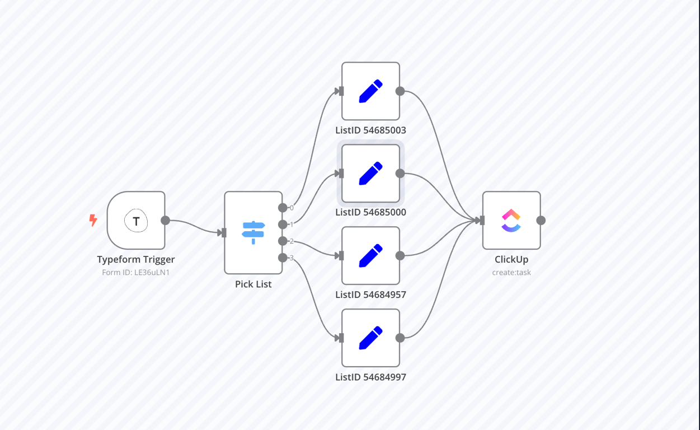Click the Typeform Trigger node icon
(136, 221)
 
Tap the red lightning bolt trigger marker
(93, 220)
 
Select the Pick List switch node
(253, 232)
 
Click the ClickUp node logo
(511, 221)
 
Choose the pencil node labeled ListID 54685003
(370, 91)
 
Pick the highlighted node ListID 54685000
(370, 174)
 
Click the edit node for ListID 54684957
(370, 256)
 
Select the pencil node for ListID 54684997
(370, 338)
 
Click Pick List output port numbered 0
(283, 208)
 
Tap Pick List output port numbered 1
(283, 225)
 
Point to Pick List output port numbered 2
(283, 241)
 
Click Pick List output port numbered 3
(283, 258)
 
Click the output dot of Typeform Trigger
(165, 221)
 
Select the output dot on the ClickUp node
(541, 221)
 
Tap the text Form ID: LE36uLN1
(136, 273)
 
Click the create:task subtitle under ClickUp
(511, 273)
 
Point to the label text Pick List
(253, 284)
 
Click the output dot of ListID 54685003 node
(400, 91)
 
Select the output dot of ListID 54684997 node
(400, 338)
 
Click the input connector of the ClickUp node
(482, 221)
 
